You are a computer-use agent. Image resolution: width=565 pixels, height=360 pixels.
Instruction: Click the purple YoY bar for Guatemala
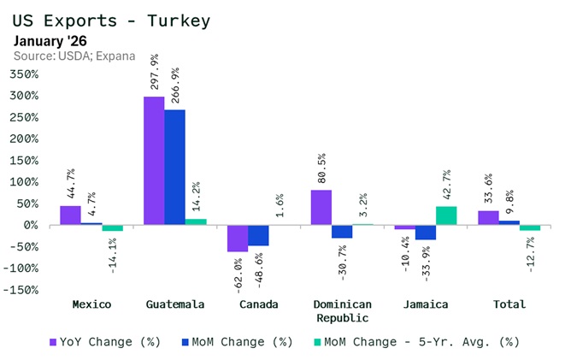(154, 161)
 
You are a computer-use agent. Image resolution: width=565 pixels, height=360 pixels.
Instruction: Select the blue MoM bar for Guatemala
(174, 168)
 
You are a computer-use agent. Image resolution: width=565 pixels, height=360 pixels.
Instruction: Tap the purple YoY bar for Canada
(238, 239)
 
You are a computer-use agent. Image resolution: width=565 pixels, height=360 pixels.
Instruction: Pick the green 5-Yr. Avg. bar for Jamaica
(446, 215)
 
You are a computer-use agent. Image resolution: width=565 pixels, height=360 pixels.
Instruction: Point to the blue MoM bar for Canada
(258, 235)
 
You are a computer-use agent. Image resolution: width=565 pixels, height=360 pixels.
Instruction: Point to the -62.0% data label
(238, 274)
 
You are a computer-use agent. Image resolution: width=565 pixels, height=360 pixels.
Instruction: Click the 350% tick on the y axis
(23, 74)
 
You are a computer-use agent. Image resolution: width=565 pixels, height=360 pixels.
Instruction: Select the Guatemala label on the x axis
(174, 304)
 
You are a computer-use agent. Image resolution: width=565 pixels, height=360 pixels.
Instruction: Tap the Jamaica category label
(425, 304)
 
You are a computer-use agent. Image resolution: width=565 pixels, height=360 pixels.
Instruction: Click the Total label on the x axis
(509, 304)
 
